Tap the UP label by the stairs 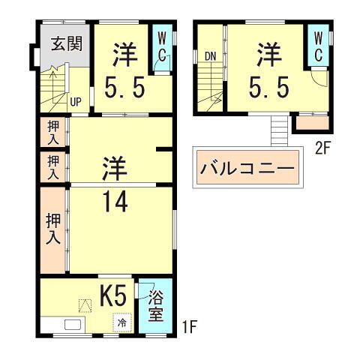[76, 101]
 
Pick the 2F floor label [322, 148]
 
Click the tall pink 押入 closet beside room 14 [53, 230]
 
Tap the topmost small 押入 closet [53, 132]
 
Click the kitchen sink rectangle [73, 325]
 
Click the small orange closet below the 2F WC [312, 122]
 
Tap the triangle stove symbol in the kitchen [85, 304]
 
